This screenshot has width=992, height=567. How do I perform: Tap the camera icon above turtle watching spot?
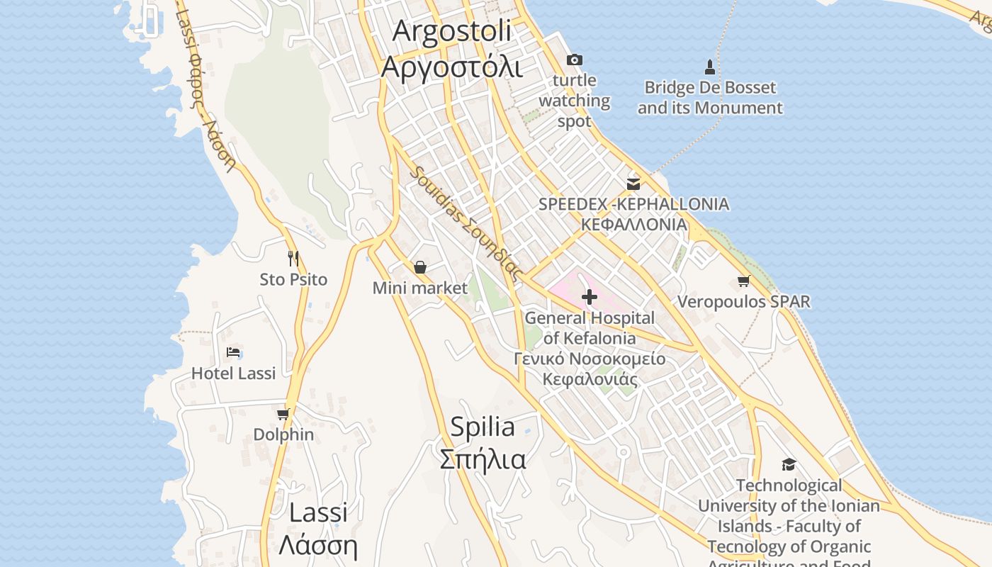(x=575, y=60)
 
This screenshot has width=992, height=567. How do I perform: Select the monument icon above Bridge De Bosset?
(x=710, y=67)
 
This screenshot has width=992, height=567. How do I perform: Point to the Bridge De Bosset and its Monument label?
(x=710, y=98)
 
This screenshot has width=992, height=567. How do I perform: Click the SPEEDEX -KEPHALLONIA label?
(x=633, y=204)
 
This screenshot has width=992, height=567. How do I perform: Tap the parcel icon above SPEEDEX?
(x=633, y=184)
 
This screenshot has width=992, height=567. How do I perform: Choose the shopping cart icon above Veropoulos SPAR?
(x=743, y=281)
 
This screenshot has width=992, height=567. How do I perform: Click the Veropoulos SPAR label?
(x=743, y=302)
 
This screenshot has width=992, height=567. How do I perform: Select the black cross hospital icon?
(x=589, y=297)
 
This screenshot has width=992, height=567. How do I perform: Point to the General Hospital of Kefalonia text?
(x=590, y=328)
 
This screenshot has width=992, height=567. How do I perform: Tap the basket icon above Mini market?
(x=420, y=267)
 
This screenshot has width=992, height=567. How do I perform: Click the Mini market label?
(x=420, y=288)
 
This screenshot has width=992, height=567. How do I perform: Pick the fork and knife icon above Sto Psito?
(x=293, y=259)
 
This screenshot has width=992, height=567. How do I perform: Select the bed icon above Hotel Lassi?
(x=233, y=352)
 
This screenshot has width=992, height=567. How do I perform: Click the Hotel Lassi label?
(x=233, y=373)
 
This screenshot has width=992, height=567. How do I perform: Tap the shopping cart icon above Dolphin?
(x=283, y=414)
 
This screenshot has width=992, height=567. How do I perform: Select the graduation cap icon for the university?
(x=789, y=465)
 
